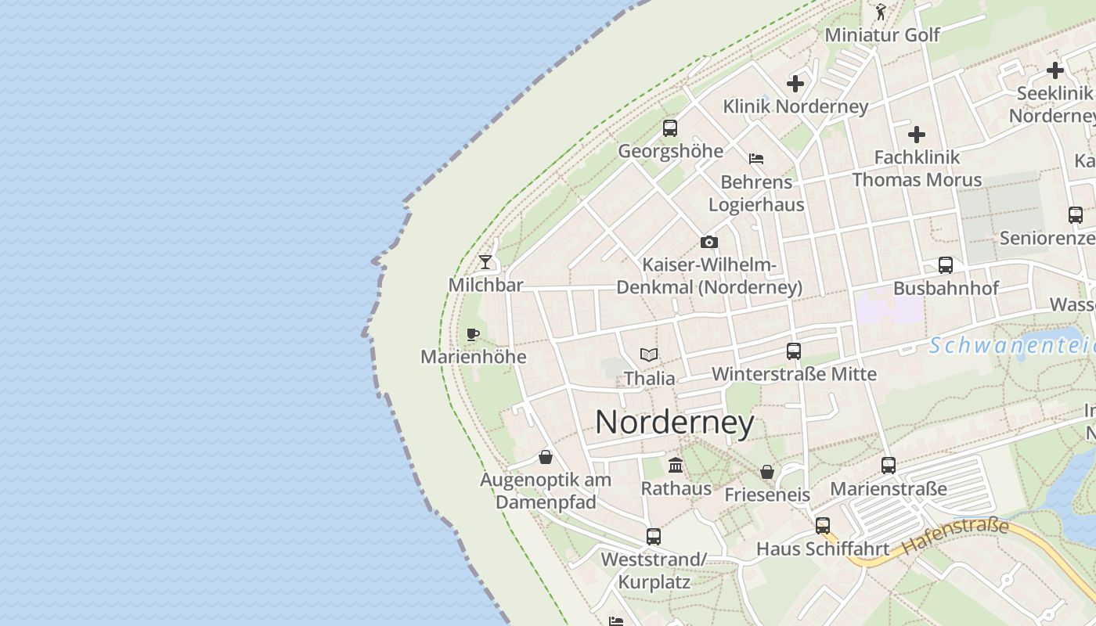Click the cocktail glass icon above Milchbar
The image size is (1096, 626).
(485, 261)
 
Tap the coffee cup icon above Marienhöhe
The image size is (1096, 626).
(473, 335)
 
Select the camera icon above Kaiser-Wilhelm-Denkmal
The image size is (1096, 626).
(708, 243)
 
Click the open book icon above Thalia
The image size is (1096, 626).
(649, 355)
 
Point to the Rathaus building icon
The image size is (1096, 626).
(676, 466)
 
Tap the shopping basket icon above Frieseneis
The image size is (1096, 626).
(767, 472)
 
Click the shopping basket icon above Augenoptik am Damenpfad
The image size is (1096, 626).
(546, 457)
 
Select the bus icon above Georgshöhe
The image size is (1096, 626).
(670, 128)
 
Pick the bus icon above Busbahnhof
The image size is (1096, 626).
(946, 265)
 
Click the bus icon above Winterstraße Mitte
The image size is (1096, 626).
(794, 351)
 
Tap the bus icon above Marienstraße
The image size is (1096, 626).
(889, 466)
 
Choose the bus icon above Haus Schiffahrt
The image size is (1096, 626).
(823, 526)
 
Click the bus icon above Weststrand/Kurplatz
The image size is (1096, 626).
(654, 537)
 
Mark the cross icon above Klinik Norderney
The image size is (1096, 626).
(795, 84)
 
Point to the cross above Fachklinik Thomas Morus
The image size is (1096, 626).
(917, 135)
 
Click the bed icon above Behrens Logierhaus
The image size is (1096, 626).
(756, 159)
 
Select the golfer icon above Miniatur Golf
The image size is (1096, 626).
(881, 12)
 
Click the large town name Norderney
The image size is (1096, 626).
(675, 423)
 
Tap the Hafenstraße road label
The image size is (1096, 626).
(955, 537)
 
